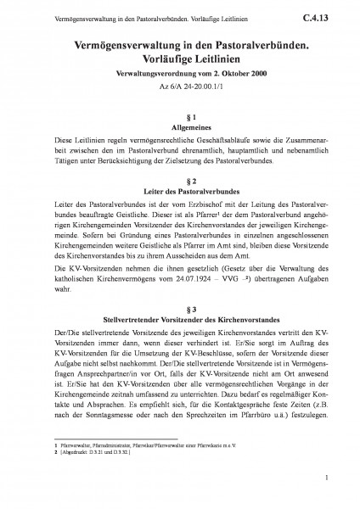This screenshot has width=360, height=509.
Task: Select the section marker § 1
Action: coord(180,114)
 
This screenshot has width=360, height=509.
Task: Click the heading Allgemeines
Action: coord(180,126)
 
